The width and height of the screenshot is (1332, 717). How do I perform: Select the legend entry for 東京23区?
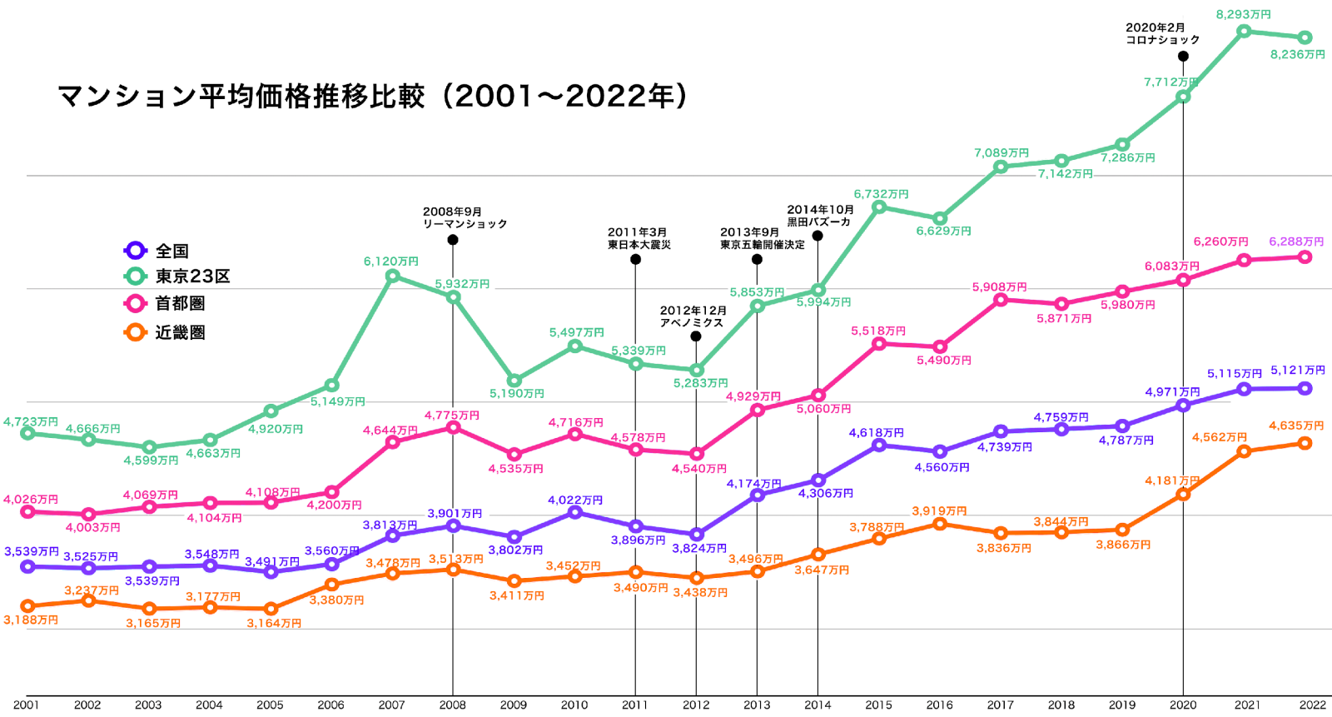point(191,276)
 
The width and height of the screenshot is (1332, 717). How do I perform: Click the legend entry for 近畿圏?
point(180,333)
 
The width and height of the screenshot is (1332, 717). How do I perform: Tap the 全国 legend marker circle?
point(135,250)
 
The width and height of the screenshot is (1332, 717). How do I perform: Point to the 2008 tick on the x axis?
point(453,705)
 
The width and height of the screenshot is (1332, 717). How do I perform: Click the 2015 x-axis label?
point(878,705)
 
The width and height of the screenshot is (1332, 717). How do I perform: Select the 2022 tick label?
point(1313,705)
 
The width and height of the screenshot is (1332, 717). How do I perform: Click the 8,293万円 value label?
point(1243,14)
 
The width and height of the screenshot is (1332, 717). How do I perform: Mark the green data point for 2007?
point(392,276)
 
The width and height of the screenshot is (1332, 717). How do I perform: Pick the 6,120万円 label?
point(390,261)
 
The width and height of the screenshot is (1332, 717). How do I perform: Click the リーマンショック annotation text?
point(465,224)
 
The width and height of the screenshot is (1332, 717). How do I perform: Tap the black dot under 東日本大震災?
point(635,260)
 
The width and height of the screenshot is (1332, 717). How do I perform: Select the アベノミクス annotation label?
point(692,322)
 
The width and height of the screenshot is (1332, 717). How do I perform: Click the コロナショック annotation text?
point(1162,40)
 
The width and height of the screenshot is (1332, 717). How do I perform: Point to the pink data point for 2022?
point(1305,257)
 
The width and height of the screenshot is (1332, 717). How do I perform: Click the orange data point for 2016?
point(940,524)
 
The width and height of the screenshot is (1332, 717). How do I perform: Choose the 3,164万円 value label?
point(274,623)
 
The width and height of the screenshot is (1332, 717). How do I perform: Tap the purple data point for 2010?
point(574,512)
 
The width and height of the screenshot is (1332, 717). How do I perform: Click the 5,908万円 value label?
point(999,287)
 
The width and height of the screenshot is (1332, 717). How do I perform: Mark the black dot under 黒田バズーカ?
point(818,237)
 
